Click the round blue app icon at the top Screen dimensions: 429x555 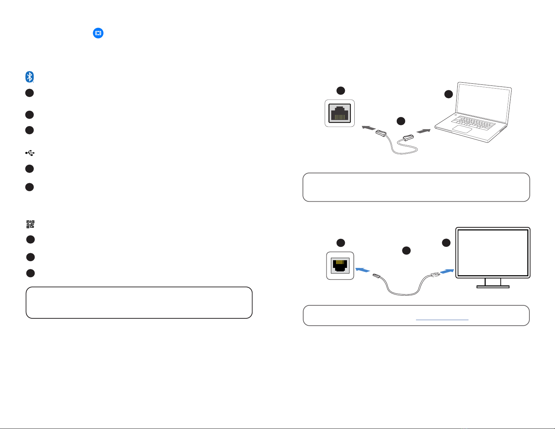coord(98,33)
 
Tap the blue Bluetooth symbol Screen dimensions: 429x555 coord(29,77)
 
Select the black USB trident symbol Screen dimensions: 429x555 coord(30,153)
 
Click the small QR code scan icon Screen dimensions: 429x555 coord(30,224)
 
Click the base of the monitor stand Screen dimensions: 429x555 coord(493,286)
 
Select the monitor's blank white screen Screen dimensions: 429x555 coord(493,252)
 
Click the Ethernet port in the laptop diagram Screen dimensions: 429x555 coord(340,113)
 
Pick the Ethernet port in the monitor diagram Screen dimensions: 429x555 coord(340,265)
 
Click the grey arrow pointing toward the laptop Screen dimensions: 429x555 coord(424,131)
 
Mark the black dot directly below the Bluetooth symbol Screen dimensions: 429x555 coord(29,93)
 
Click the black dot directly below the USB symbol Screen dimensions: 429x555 coord(29,169)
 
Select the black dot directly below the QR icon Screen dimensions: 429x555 coord(30,240)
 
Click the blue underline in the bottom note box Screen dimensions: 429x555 coord(442,320)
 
